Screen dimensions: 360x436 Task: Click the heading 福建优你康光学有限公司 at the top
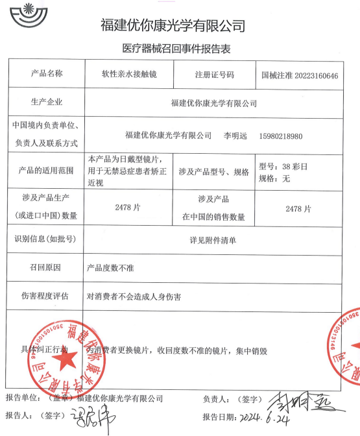pos(173,26)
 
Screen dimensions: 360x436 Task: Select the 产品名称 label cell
pos(47,73)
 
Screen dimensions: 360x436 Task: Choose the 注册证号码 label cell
pos(214,75)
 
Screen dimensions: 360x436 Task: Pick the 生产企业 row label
pos(47,102)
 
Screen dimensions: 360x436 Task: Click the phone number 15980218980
pos(281,136)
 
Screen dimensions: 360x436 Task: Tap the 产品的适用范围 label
pos(47,171)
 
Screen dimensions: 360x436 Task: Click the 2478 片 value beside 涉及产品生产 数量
pos(126,208)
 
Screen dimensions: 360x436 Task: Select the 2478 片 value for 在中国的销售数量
pos(298,209)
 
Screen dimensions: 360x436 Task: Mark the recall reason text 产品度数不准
pos(110,267)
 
